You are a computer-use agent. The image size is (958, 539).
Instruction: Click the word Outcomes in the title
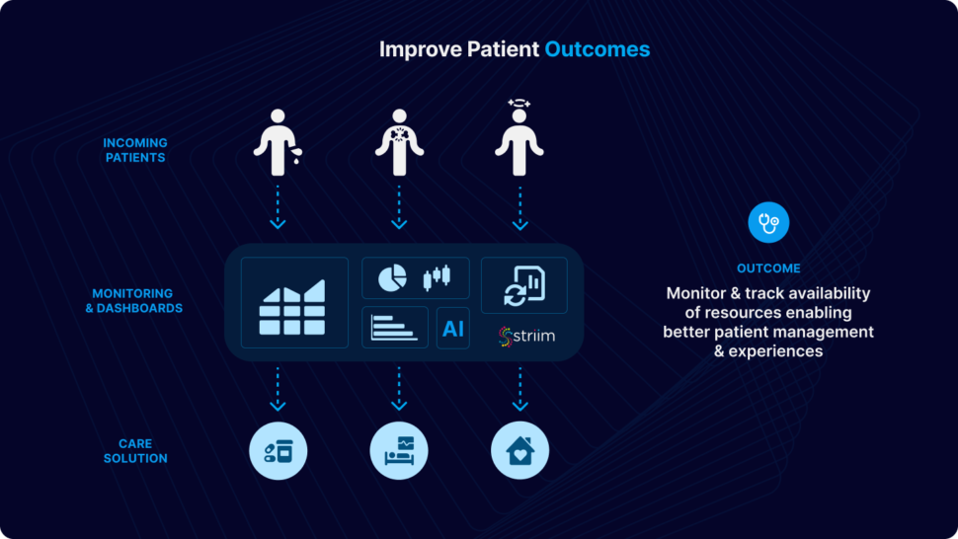pos(595,49)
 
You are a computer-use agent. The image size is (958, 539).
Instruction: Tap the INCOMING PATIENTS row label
pos(135,150)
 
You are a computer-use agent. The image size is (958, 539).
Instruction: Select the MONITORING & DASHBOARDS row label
pos(134,300)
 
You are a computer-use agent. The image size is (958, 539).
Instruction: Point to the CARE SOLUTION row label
pos(135,451)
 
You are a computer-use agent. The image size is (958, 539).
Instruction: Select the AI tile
pos(453,329)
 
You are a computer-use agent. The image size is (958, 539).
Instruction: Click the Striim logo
pos(527,336)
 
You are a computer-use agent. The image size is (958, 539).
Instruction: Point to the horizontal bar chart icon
pos(394,329)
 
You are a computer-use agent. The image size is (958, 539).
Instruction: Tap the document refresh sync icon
pos(523,285)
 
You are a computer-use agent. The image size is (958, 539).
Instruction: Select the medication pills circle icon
pos(279,451)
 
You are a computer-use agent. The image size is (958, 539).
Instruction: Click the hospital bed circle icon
pos(399,451)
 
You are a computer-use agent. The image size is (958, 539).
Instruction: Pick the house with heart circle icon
pos(519,451)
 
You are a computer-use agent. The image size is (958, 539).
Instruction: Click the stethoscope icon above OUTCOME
pos(768,222)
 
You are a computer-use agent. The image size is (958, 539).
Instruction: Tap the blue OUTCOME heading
pos(768,269)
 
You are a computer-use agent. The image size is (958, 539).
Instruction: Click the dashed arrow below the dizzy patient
pos(519,205)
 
